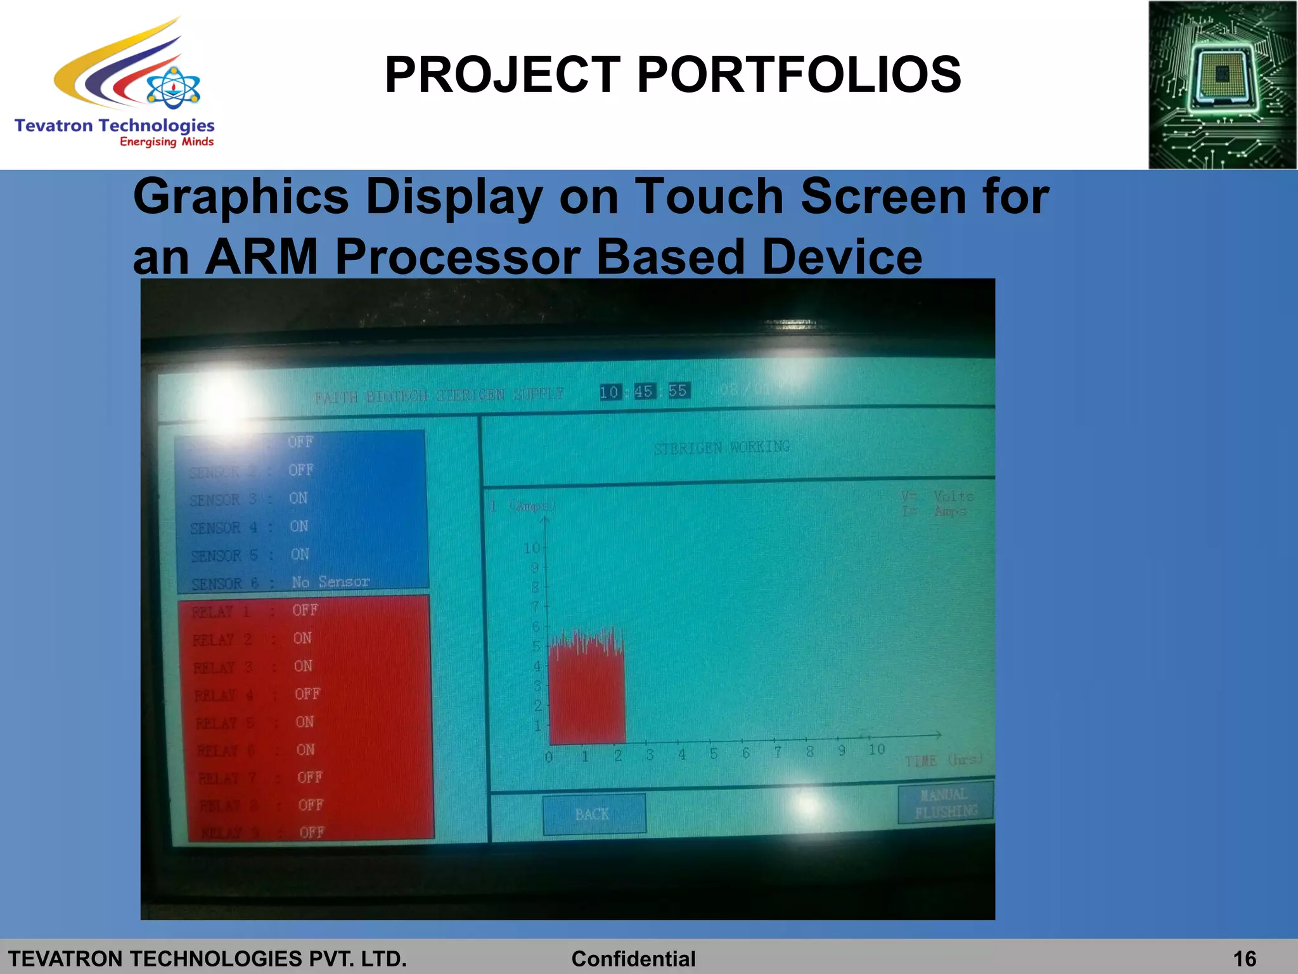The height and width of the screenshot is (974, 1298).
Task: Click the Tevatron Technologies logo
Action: pos(114,82)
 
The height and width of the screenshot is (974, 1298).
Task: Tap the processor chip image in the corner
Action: pos(1222,85)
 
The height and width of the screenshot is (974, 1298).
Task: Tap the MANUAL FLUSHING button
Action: pos(945,803)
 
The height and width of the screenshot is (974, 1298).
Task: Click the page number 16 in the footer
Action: pos(1245,959)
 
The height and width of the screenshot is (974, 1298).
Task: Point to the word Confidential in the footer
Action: pos(633,959)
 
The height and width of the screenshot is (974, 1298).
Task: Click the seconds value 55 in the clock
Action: pos(678,391)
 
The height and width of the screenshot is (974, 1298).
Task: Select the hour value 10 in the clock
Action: pos(609,393)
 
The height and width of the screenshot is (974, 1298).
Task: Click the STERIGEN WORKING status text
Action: pos(721,447)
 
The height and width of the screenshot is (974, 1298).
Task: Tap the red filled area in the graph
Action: pos(587,698)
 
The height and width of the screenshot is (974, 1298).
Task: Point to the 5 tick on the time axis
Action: pos(714,753)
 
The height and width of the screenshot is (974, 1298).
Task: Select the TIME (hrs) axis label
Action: pos(944,760)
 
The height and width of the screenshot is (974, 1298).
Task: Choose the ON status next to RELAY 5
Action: pos(304,722)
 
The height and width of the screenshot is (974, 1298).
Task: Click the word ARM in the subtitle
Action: pos(261,257)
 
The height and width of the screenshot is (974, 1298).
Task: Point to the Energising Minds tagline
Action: pos(167,142)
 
